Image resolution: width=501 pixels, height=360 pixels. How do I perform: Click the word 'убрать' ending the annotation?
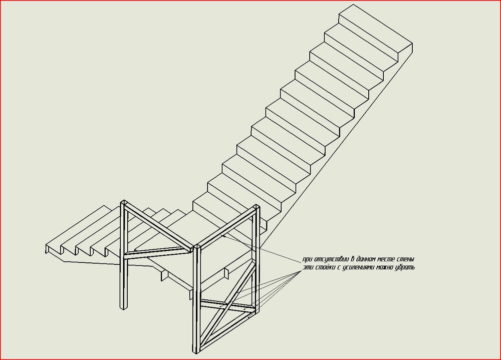point(405,267)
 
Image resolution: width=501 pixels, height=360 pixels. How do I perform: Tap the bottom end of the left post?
point(124,308)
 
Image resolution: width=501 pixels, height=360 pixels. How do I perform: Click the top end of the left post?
point(124,202)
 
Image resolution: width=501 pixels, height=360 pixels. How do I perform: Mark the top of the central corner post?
point(197,247)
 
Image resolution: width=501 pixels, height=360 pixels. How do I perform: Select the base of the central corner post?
point(197,351)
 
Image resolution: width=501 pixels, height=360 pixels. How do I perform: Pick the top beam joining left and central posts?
point(158,225)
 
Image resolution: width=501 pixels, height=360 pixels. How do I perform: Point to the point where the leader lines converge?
point(302,271)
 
